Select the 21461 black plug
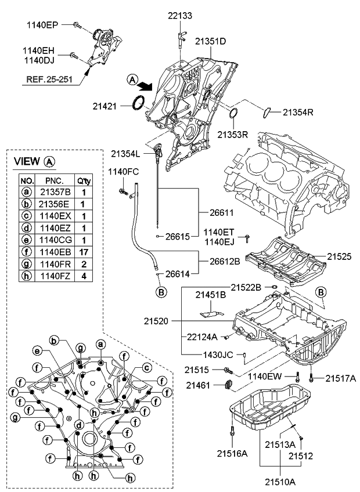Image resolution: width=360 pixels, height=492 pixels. click(x=229, y=385)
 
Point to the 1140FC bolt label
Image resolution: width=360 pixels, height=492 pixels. click(x=123, y=172)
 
